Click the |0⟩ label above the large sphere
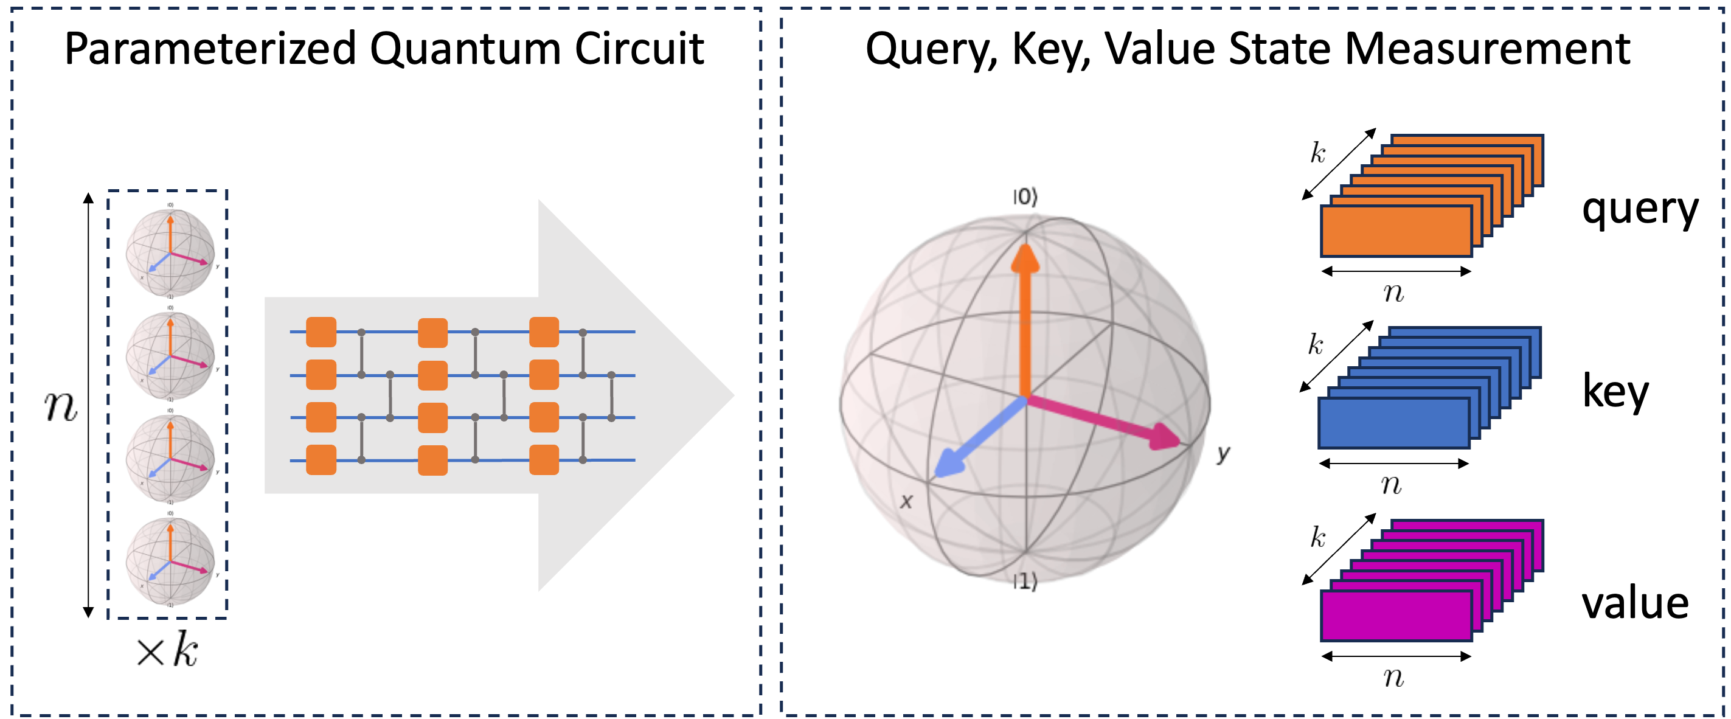(1025, 197)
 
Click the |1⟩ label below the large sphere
(1025, 582)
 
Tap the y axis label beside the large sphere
(1223, 454)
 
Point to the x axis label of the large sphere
(906, 501)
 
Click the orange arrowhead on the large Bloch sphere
(1025, 259)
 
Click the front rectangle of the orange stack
(1396, 231)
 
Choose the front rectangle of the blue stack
(1394, 423)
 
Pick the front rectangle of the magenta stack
(1396, 616)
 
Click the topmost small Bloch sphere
(171, 252)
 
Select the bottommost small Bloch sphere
(171, 561)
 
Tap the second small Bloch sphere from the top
(171, 355)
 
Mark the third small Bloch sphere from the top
(171, 458)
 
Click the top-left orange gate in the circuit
(321, 332)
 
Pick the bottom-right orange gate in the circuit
(544, 460)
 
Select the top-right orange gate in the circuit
(544, 332)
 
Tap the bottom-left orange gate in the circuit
(321, 460)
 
